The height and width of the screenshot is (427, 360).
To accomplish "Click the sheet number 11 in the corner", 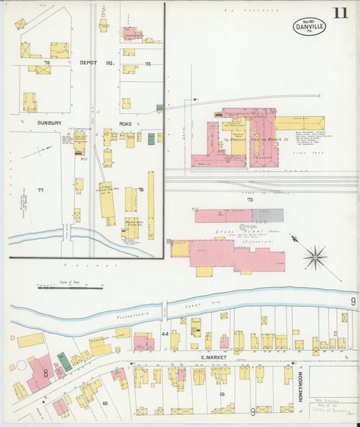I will tap(340, 13).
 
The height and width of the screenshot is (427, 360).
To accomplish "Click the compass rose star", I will tap(315, 257).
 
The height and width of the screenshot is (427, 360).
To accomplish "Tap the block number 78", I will tap(47, 62).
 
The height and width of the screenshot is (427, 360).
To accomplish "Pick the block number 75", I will tap(148, 64).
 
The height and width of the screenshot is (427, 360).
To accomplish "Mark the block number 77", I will tap(40, 191).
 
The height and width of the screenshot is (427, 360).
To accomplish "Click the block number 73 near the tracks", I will tap(249, 200).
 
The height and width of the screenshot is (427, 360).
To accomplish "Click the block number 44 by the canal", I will tap(164, 334).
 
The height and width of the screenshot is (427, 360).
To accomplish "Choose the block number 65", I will tap(105, 403).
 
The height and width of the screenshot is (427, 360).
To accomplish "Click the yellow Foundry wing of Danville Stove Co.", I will tap(299, 123).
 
